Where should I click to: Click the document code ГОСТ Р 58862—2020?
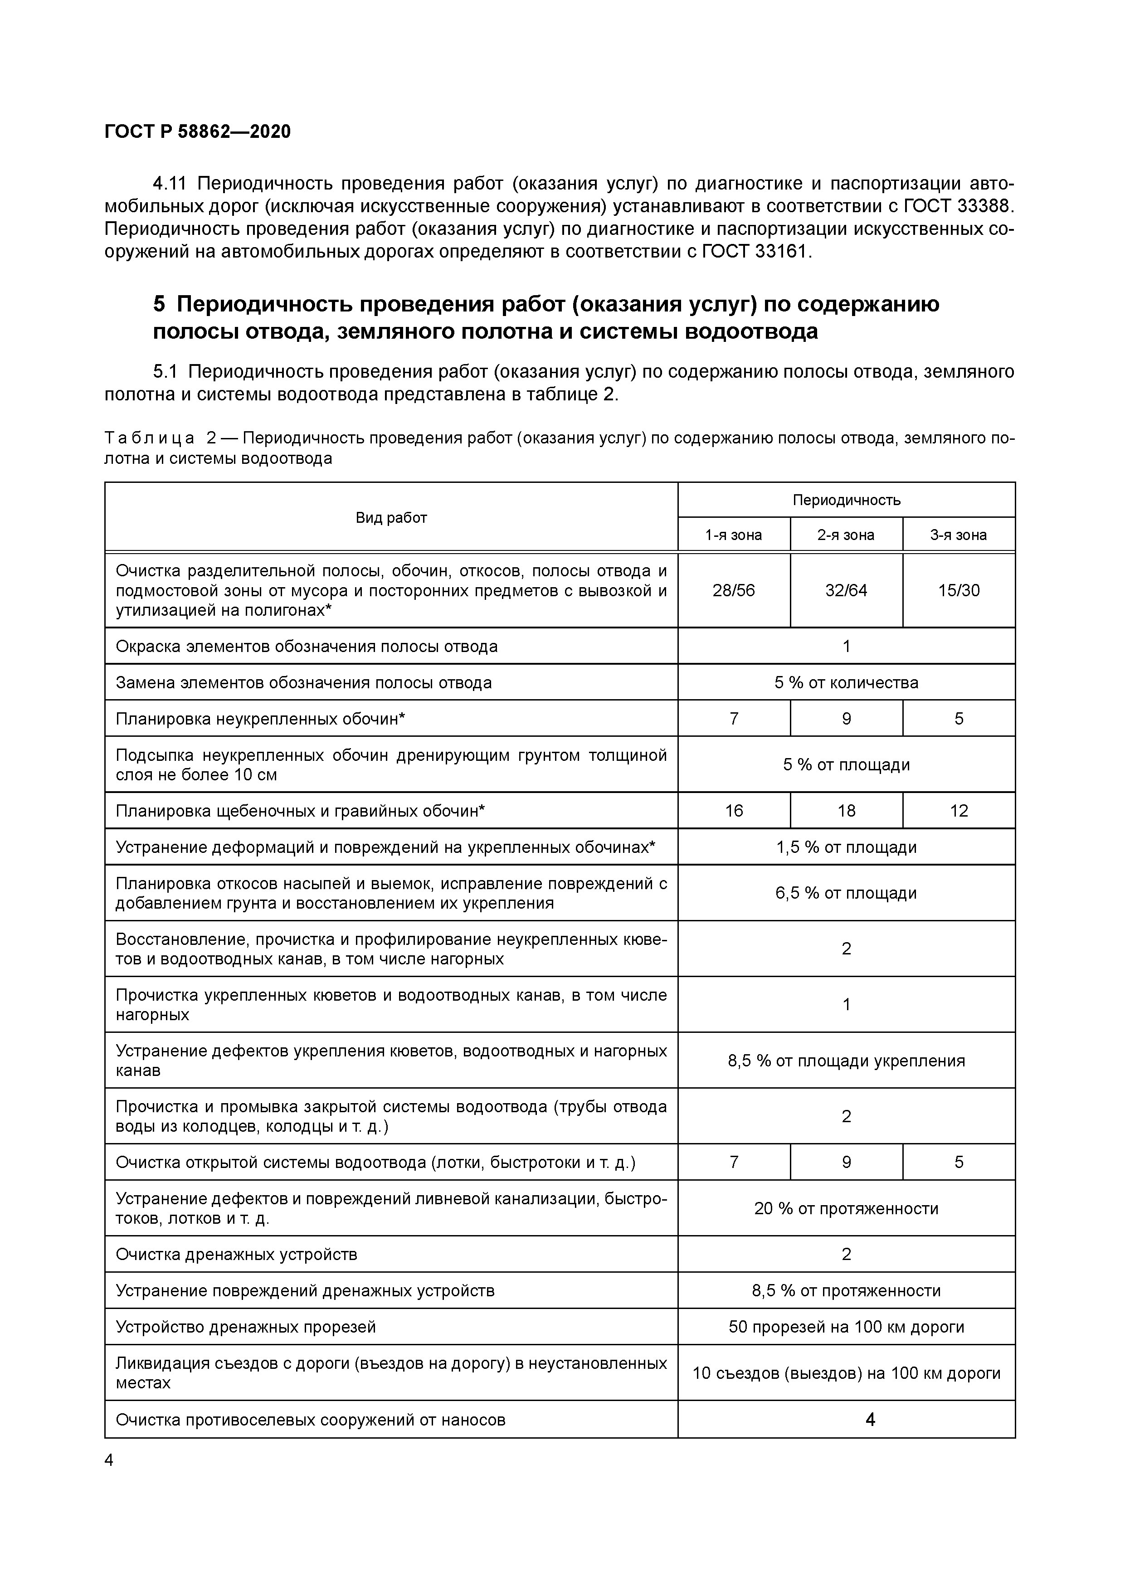(198, 131)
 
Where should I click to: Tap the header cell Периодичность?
(846, 500)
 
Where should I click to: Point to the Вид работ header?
(391, 518)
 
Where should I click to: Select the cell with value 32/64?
(846, 590)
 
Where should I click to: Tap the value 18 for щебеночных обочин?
(846, 811)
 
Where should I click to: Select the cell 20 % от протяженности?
(846, 1208)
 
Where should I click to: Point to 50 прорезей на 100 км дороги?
(846, 1327)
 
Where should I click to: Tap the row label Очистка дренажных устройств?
(236, 1254)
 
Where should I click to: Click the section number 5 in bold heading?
(160, 304)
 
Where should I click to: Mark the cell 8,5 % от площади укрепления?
(846, 1061)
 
